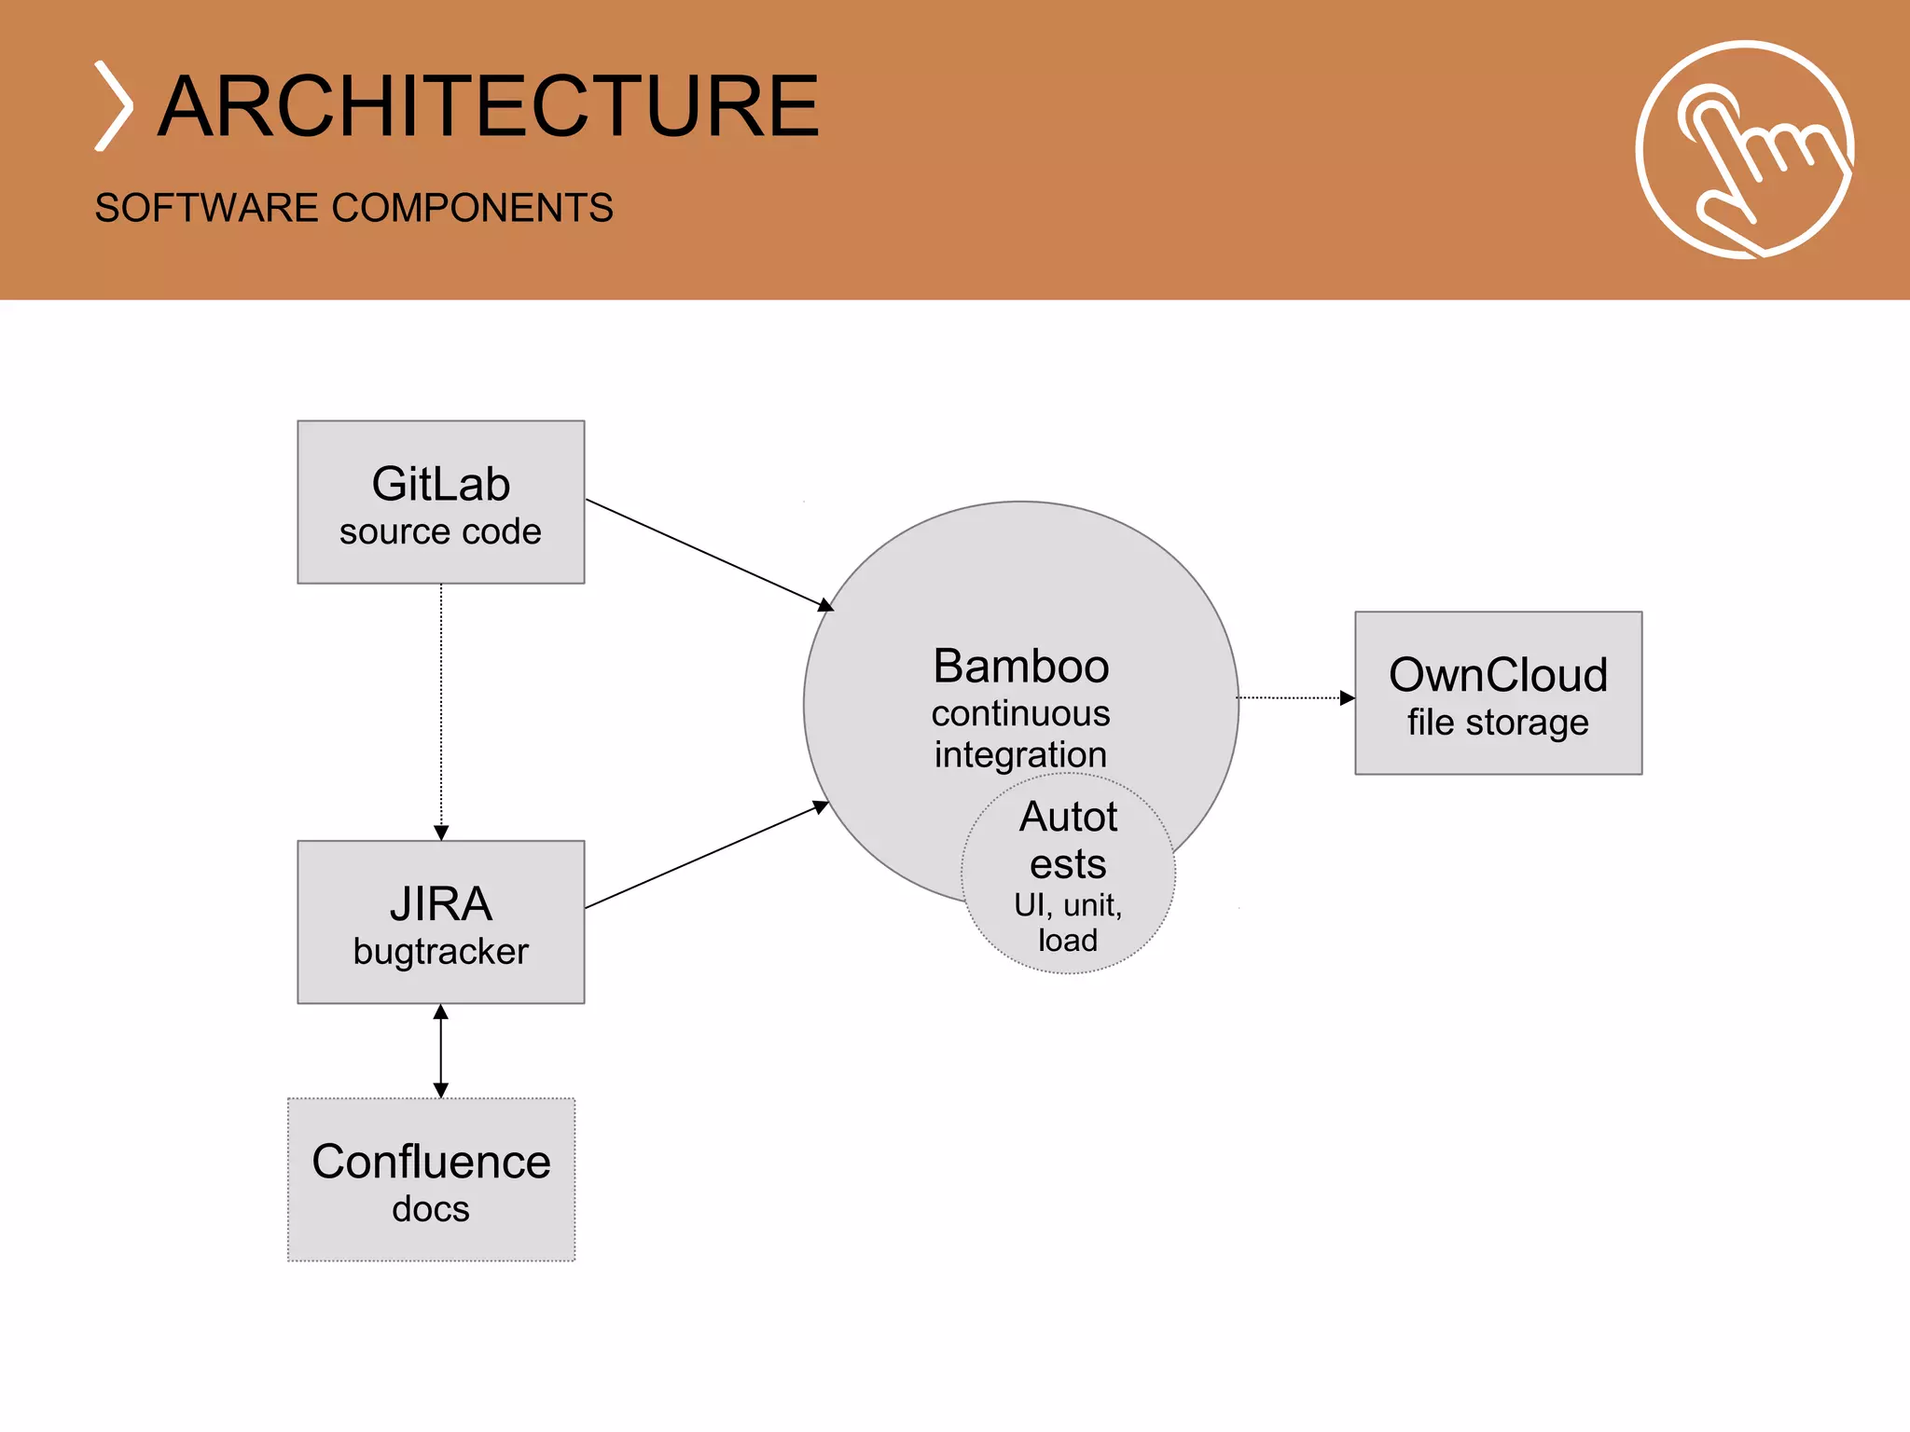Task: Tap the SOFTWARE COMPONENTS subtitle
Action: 353,207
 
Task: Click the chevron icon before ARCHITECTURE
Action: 114,106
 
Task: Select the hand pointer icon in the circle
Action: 1744,149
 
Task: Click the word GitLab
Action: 440,484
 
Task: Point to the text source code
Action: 440,531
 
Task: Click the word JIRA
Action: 440,903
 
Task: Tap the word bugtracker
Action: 440,951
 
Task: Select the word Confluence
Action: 431,1162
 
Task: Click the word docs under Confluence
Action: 431,1209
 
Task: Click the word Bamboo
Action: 1021,667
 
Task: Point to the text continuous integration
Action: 1021,734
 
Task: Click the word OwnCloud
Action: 1498,675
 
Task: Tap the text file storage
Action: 1498,723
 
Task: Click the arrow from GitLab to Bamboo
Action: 709,555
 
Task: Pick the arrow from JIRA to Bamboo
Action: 706,855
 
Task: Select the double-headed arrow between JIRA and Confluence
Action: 441,1051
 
